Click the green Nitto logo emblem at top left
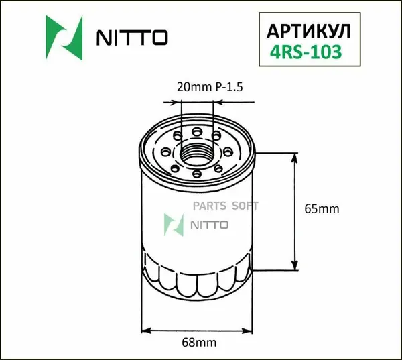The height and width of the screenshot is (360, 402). pyautogui.click(x=64, y=38)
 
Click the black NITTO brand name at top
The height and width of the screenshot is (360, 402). pyautogui.click(x=132, y=38)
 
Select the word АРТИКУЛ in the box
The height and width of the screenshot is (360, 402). pyautogui.click(x=309, y=32)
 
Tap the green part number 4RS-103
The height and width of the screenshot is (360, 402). pyautogui.click(x=306, y=52)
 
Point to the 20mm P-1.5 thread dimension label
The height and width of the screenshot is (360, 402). pyautogui.click(x=210, y=87)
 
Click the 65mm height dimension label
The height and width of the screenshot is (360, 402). pyautogui.click(x=322, y=209)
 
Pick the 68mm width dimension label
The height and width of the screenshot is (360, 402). pyautogui.click(x=199, y=343)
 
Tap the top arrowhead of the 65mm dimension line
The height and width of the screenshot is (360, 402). pyautogui.click(x=295, y=159)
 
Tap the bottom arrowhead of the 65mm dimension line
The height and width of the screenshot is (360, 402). pyautogui.click(x=295, y=264)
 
